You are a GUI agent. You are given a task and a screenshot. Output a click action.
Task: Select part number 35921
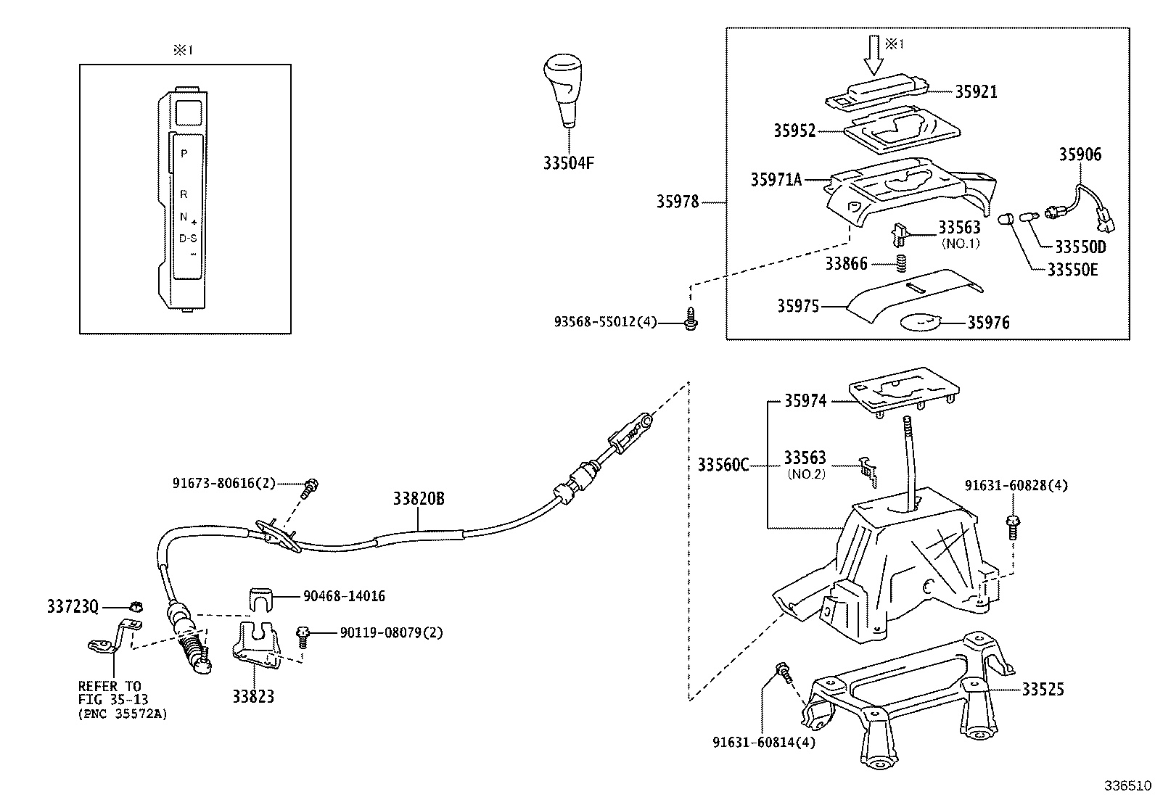tap(975, 92)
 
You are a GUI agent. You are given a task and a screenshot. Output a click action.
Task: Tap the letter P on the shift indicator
tap(184, 154)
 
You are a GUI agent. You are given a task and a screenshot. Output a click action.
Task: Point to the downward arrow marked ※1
tap(874, 55)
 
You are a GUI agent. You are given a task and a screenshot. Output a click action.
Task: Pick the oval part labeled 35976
tap(920, 321)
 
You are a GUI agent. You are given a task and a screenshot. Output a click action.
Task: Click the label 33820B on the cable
tap(419, 499)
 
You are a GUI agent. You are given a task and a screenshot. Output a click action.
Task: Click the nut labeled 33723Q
tap(134, 606)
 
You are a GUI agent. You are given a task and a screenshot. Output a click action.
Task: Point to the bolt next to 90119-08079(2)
tap(303, 636)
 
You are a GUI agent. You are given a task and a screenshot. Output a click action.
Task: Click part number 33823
tap(253, 697)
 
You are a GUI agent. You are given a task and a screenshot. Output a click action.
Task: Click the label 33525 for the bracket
tap(1043, 689)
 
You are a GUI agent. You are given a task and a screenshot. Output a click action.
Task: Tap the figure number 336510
tap(1127, 785)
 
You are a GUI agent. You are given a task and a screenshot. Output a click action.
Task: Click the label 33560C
tap(723, 465)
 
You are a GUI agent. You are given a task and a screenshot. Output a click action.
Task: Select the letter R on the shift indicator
tap(184, 194)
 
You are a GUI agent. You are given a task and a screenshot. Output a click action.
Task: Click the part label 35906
tap(1079, 154)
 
